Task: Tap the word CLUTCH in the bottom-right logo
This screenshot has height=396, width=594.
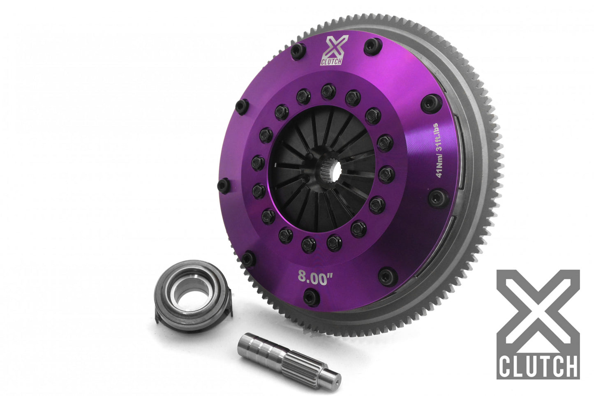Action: pyautogui.click(x=538, y=366)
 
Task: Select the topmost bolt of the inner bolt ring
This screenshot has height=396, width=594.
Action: pyautogui.click(x=328, y=91)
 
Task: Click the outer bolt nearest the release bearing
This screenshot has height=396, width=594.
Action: pyautogui.click(x=247, y=259)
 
